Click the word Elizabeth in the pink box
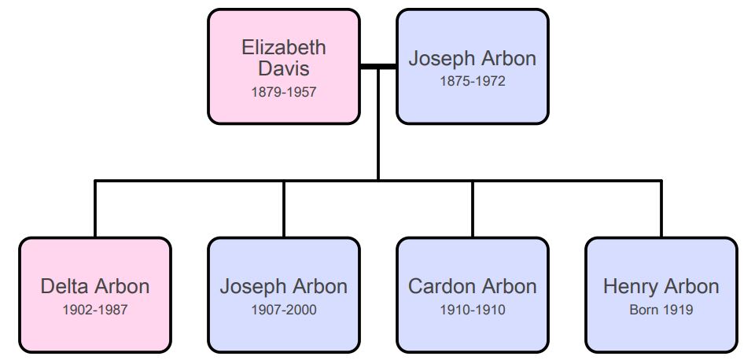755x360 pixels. [x=284, y=47]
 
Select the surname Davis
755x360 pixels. [x=284, y=68]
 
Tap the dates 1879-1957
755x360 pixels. [x=284, y=92]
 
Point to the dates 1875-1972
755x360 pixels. [x=473, y=81]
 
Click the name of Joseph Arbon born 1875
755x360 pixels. [x=473, y=59]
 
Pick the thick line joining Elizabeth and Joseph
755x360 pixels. [x=378, y=66]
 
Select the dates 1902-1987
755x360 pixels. [x=95, y=310]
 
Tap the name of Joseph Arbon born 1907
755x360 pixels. [x=284, y=287]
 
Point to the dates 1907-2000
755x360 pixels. [x=284, y=310]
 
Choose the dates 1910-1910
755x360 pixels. [x=473, y=310]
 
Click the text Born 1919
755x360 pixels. [x=661, y=310]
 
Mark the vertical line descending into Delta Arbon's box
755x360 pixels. [x=95, y=209]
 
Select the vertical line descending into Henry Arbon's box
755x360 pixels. [x=661, y=209]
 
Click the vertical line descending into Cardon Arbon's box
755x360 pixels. [x=473, y=209]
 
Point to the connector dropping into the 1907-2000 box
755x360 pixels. [x=284, y=209]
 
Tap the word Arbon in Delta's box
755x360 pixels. [x=123, y=286]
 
